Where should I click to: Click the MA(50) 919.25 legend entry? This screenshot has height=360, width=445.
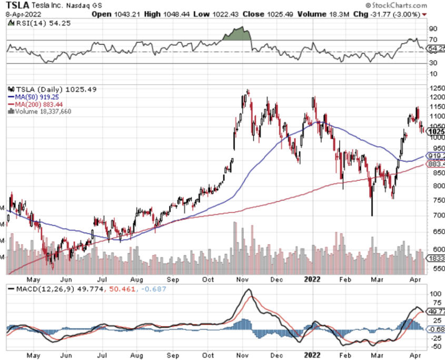(x=33, y=97)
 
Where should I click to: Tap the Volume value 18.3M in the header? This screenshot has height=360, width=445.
(x=325, y=14)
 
